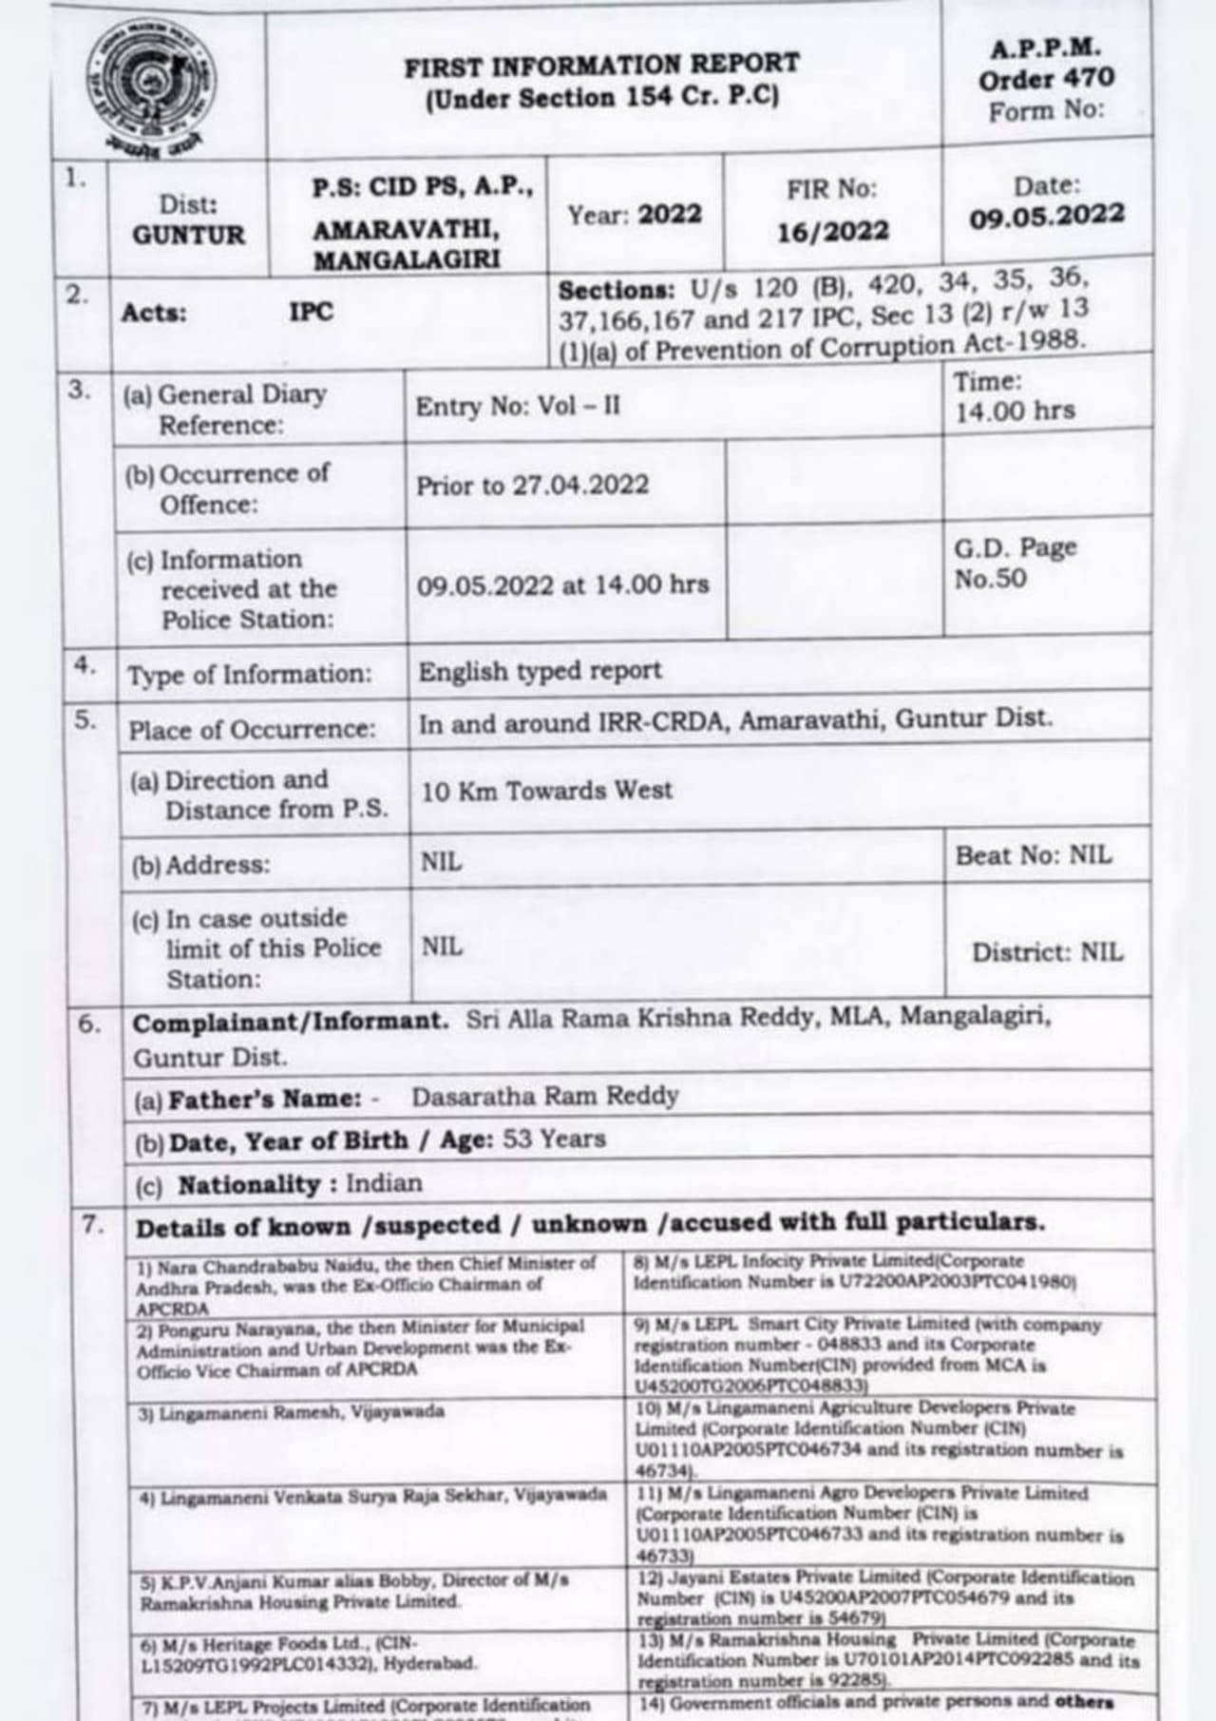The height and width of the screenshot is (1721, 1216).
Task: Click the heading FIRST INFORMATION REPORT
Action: click(601, 66)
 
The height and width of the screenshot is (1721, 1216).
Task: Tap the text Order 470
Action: click(1046, 79)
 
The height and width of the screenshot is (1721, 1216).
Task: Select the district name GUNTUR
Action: click(188, 235)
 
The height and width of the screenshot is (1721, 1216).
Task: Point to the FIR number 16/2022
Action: click(833, 232)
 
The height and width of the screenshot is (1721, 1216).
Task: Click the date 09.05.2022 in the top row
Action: click(1046, 217)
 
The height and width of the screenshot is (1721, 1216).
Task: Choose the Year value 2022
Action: click(669, 215)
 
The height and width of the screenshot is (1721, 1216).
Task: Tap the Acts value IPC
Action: click(312, 312)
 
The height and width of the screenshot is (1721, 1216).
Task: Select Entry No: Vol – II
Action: click(518, 407)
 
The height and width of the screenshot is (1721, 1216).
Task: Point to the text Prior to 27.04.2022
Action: click(532, 486)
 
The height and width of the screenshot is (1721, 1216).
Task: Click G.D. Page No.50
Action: click(1015, 563)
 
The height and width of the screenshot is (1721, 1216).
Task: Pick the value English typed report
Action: click(540, 671)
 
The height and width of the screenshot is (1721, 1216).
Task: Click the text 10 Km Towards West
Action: click(546, 791)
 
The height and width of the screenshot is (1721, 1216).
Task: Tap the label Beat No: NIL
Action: click(1033, 855)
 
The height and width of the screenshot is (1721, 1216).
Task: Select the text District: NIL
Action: click(1046, 952)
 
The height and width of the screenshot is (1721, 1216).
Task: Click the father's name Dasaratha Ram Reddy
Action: click(544, 1097)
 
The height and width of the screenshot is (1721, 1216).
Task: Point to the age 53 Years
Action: click(554, 1138)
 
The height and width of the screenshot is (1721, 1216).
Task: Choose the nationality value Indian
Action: click(384, 1183)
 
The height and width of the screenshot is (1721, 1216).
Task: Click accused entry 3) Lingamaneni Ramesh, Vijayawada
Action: click(291, 1412)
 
